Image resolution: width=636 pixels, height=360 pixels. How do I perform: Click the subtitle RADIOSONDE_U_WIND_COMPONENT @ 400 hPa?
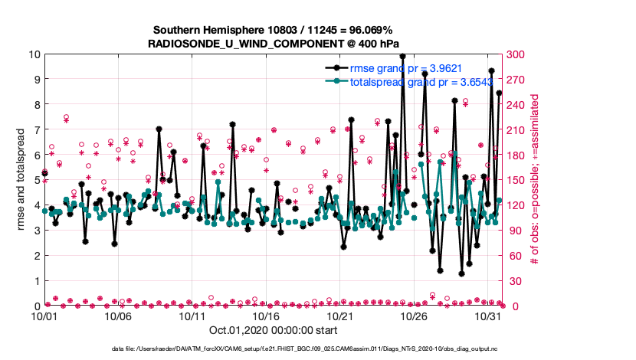[273, 44]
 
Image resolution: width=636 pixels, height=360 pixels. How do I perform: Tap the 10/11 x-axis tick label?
[192, 316]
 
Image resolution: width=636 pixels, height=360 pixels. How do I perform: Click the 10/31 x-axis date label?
[488, 316]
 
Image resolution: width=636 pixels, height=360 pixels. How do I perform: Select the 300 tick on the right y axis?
[516, 54]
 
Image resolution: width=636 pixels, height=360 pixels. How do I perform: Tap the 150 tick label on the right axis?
[516, 180]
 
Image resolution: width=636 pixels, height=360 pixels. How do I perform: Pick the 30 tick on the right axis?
[513, 281]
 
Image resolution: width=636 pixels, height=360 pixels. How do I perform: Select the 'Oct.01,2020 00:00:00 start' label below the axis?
[273, 331]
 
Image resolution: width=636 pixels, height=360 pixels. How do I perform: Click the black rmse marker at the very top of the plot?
[402, 56]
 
